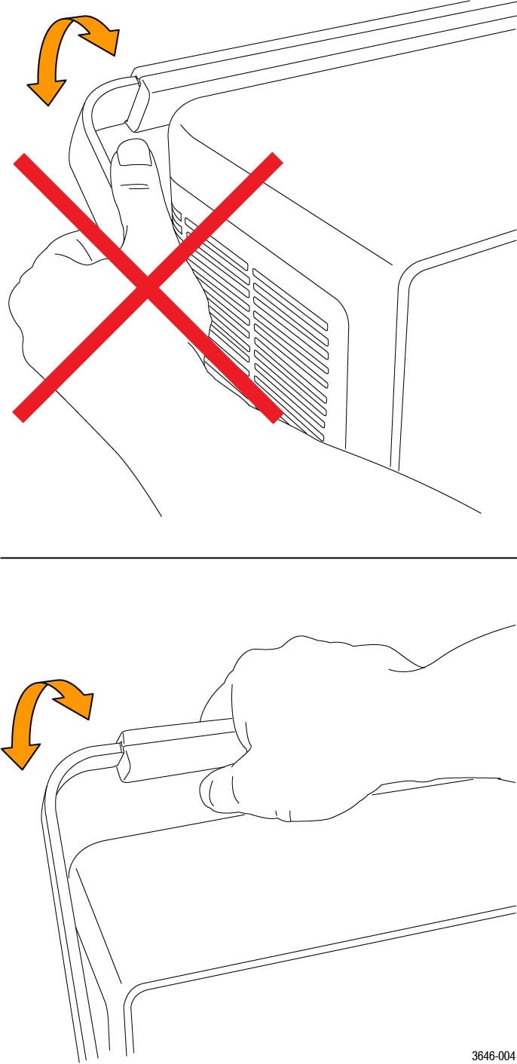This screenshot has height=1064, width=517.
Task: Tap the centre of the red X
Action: pos(148,288)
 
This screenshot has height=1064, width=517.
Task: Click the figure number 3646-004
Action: pos(493,1056)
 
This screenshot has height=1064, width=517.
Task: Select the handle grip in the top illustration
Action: pos(137,102)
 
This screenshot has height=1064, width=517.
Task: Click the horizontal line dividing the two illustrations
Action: pos(258,558)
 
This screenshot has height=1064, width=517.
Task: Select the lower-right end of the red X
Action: pos(276,416)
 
